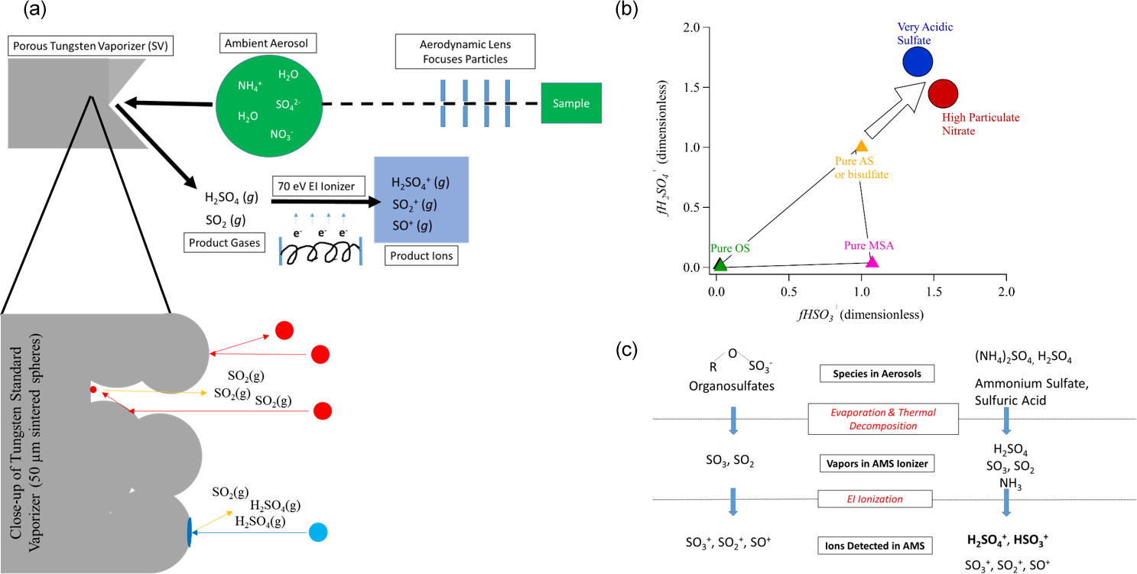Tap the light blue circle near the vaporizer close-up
click(x=318, y=532)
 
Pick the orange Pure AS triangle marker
click(x=862, y=146)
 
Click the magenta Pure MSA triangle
click(x=872, y=261)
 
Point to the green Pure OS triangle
click(x=720, y=264)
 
